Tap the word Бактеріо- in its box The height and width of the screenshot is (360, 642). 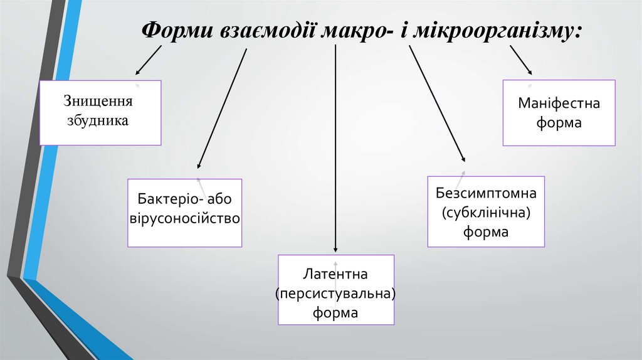(165, 200)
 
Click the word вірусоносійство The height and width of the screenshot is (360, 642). (185, 219)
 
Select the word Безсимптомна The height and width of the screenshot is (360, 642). (486, 194)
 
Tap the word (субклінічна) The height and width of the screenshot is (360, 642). (486, 213)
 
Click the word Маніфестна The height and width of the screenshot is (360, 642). (559, 103)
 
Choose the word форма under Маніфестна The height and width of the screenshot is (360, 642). (559, 123)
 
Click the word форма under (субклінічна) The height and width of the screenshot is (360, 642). (486, 232)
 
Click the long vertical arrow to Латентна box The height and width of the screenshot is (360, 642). (336, 151)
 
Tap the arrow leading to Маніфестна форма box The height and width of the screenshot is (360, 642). (520, 61)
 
